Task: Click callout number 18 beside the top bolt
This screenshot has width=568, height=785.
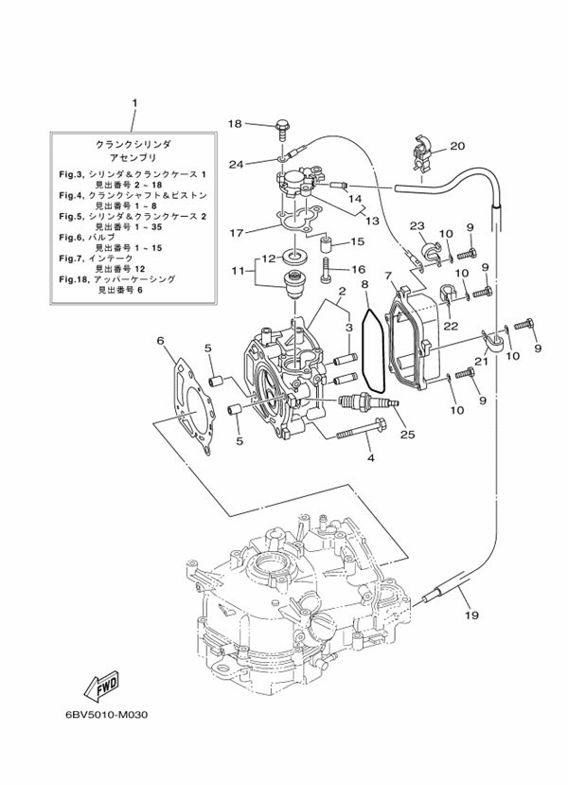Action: click(236, 123)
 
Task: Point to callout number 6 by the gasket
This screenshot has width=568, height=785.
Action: click(161, 341)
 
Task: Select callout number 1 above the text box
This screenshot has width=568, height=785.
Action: click(134, 102)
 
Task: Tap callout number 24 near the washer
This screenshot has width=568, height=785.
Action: click(236, 164)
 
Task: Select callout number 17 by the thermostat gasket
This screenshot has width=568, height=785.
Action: click(236, 231)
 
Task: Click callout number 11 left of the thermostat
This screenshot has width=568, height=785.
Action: click(237, 271)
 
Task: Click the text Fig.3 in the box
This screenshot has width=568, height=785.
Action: click(72, 176)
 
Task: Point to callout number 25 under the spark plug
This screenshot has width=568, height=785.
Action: click(407, 434)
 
